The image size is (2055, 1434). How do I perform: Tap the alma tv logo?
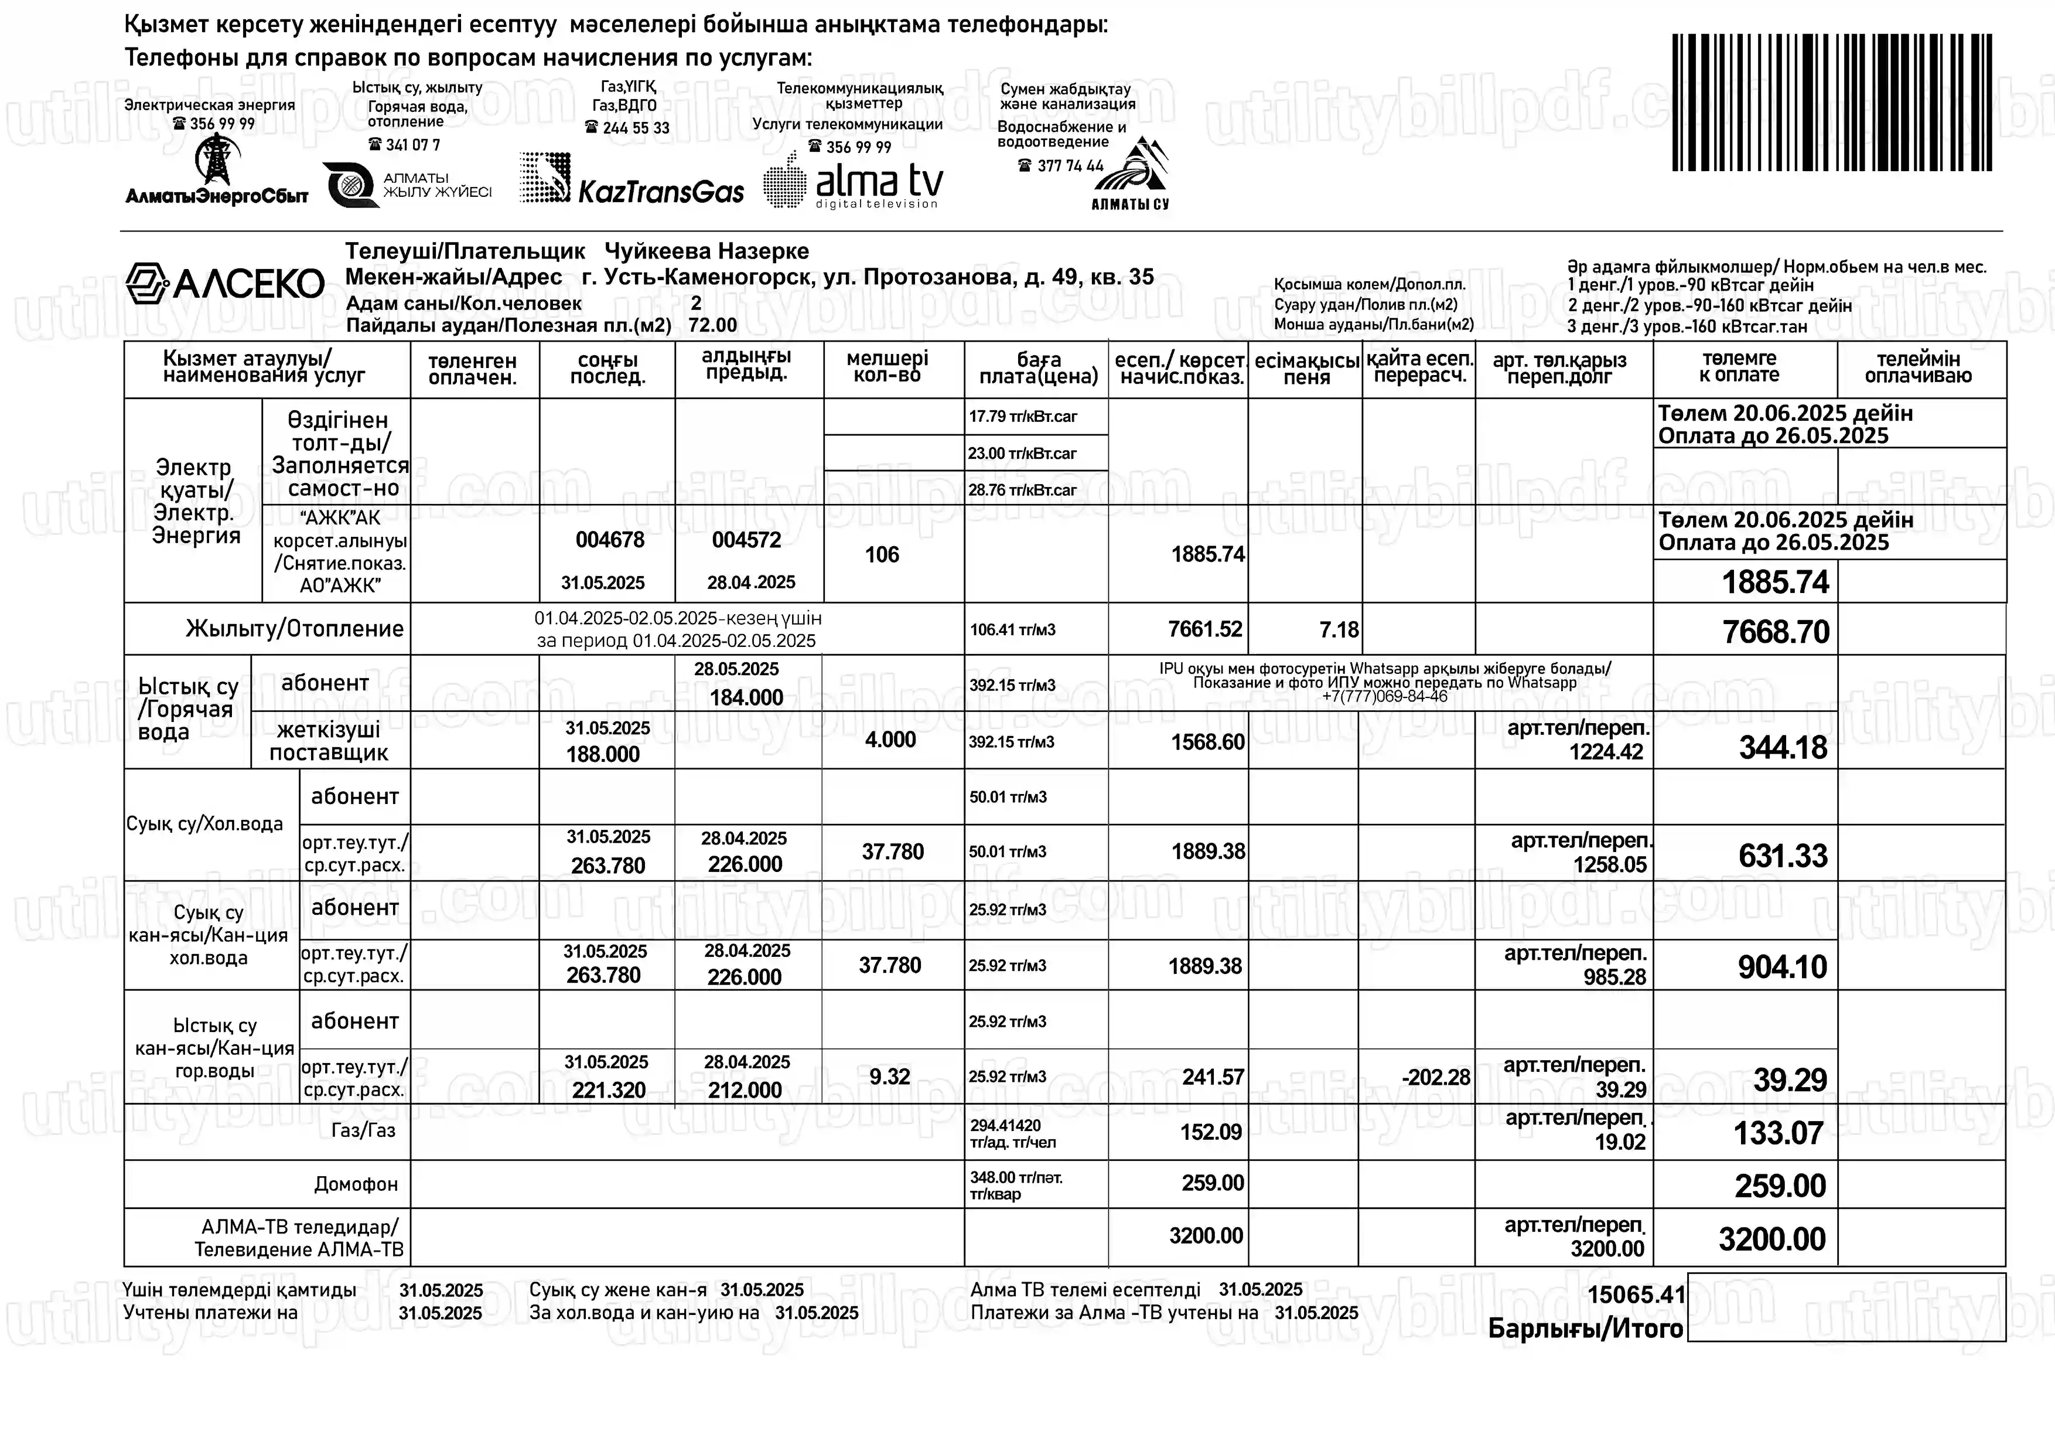[854, 182]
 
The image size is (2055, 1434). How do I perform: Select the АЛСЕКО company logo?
[224, 284]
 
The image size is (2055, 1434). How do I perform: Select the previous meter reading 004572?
[746, 540]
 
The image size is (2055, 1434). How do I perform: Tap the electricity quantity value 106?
[882, 555]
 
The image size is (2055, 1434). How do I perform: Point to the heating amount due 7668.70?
[1776, 632]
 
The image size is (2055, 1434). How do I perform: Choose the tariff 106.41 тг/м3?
[1012, 630]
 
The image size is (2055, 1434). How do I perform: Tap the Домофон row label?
[356, 1184]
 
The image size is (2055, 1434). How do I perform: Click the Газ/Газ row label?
[363, 1130]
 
